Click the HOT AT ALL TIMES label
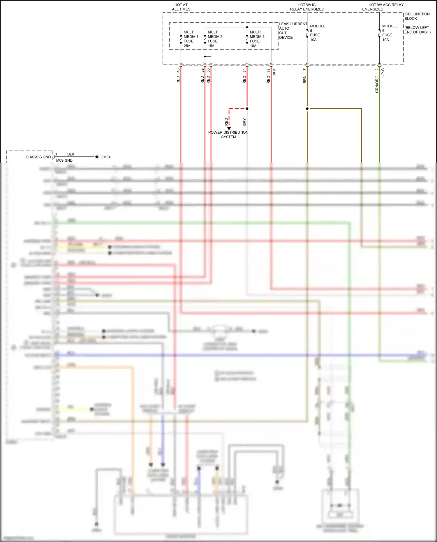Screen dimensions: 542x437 coord(181,7)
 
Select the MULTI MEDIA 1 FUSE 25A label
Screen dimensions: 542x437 coord(191,39)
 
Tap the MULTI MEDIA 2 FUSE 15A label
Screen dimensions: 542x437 coord(215,39)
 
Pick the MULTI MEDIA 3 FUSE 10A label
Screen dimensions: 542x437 coord(257,39)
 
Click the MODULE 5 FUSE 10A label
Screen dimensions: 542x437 coord(317,33)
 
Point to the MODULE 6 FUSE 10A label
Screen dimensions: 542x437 coord(390,33)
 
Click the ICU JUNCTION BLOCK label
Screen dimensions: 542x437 coord(417,16)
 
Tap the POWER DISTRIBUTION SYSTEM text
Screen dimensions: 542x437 coord(228,135)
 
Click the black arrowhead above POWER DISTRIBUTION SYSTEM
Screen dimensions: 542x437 coord(229,128)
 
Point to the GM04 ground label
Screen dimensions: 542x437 coord(105,157)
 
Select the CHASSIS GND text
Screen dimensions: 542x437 coord(38,157)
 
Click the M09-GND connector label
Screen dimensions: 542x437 coord(64,160)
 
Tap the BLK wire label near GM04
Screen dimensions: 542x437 coord(71,154)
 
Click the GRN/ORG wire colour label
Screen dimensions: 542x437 coord(377,84)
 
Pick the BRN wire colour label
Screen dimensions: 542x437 coord(304,80)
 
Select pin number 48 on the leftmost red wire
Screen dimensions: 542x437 coord(178,70)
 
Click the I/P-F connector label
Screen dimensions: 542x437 coord(274,72)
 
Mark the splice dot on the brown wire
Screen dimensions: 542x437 coord(307,109)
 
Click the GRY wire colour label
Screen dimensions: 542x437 coord(244,122)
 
